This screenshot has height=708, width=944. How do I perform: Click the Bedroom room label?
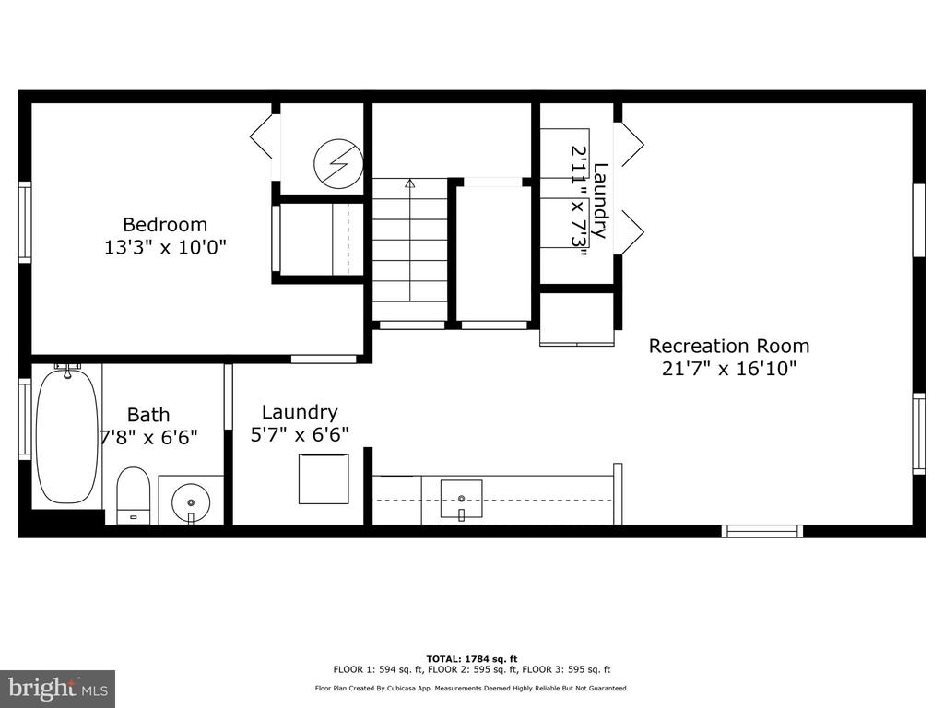click(165, 225)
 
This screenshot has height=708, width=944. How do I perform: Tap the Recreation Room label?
click(728, 347)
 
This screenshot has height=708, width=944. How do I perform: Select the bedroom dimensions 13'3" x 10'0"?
click(165, 247)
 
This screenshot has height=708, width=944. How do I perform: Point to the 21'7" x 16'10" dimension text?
click(729, 368)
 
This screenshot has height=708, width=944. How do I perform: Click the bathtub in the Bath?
click(66, 436)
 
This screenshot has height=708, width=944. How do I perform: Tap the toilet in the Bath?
click(133, 495)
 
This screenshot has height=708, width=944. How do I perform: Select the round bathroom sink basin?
click(191, 501)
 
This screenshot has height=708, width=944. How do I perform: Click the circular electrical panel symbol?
click(338, 164)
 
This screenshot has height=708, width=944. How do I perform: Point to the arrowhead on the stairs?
click(410, 183)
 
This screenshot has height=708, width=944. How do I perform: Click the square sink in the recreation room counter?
click(461, 499)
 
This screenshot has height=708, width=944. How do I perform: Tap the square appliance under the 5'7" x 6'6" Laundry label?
click(324, 479)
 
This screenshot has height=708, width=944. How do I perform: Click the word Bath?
click(148, 415)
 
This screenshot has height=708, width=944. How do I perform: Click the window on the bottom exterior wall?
click(762, 531)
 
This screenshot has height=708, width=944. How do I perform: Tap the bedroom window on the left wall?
click(25, 222)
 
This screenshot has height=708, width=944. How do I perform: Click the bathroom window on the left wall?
click(25, 419)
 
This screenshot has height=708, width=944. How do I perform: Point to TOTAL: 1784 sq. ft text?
click(472, 659)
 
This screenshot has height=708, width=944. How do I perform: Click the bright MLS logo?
click(58, 688)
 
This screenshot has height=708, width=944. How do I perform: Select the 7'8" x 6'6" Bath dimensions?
click(148, 437)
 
